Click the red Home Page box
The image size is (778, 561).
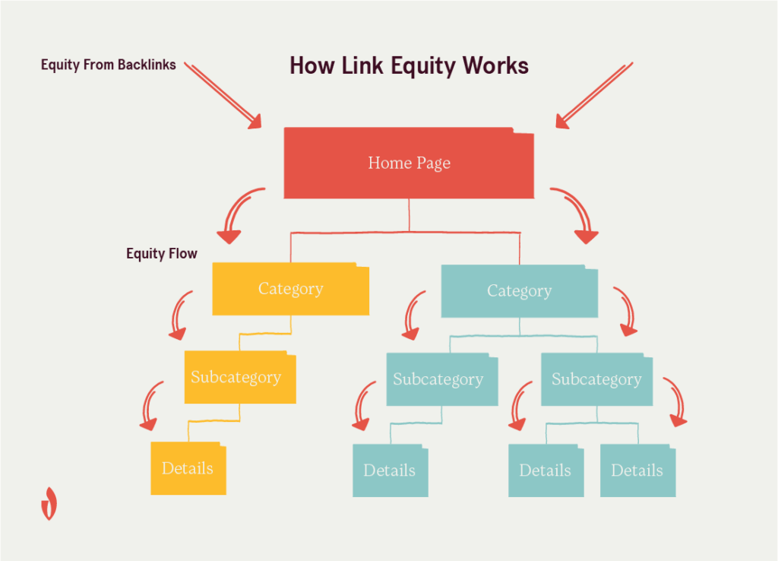pos(409,163)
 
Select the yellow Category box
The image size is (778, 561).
pos(290,289)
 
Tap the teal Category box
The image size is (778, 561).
pos(519,290)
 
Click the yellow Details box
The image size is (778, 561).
pos(188,468)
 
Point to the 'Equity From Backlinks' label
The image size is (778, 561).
pos(109,65)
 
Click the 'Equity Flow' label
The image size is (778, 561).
pos(162,254)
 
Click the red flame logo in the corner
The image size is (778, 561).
pos(49,503)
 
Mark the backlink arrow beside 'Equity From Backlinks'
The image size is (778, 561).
pos(223,96)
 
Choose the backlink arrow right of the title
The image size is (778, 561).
pos(593,95)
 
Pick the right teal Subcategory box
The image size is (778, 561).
pos(596,379)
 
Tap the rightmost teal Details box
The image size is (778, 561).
pos(637,471)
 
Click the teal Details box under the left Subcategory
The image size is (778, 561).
pos(390,471)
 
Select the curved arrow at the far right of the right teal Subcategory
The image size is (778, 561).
pos(675,401)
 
